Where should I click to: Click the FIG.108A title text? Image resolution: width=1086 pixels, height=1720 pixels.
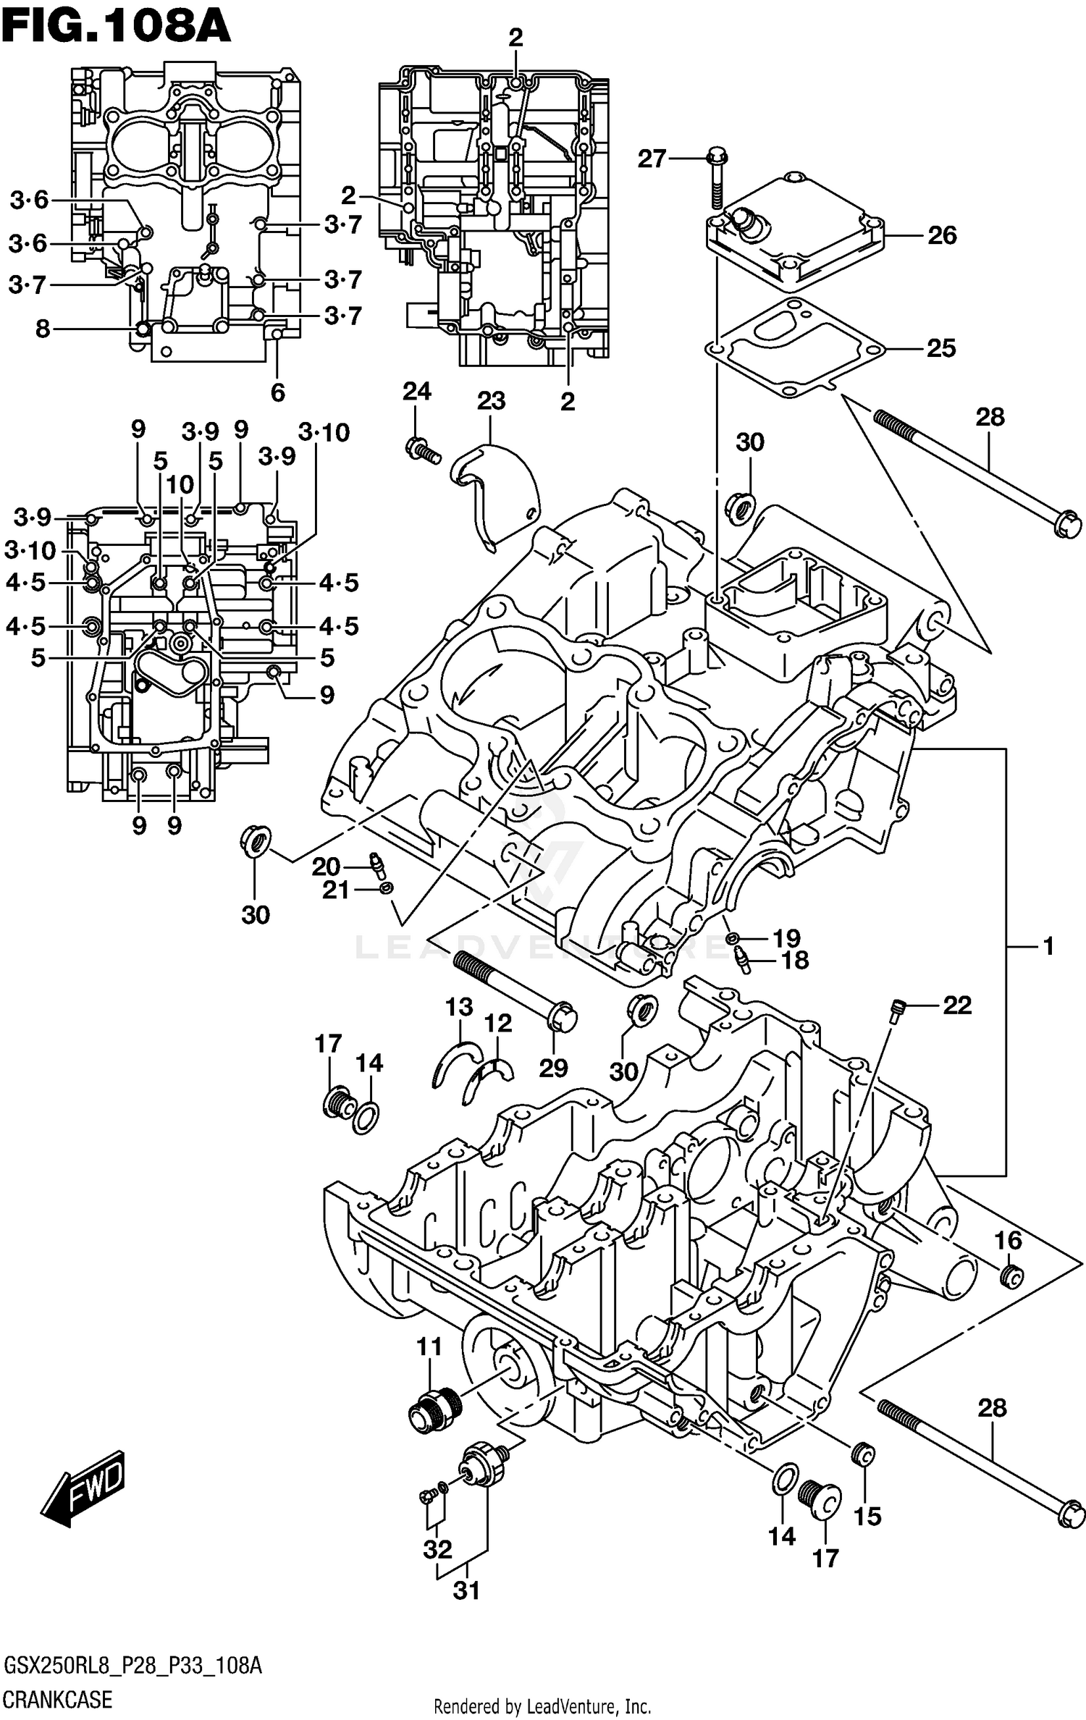point(116,28)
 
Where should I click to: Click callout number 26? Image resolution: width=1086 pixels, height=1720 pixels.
point(942,235)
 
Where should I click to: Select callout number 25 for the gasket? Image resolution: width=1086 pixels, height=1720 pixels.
point(941,348)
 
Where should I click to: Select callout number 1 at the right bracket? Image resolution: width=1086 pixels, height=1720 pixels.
point(1048,946)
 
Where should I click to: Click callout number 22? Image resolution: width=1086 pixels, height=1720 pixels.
point(957,1005)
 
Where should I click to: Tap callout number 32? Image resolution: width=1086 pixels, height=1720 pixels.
point(437,1549)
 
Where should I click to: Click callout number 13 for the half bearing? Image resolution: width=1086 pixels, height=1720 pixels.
point(459,1007)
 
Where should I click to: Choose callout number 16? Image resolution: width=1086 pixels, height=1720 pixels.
point(1007,1241)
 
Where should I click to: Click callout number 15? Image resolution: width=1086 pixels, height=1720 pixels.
point(867,1516)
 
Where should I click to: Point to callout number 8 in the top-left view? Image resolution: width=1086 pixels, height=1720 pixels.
point(43,329)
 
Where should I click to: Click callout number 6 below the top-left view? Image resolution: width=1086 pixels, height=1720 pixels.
point(278,392)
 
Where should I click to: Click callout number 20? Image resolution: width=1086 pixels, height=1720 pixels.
point(326,867)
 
